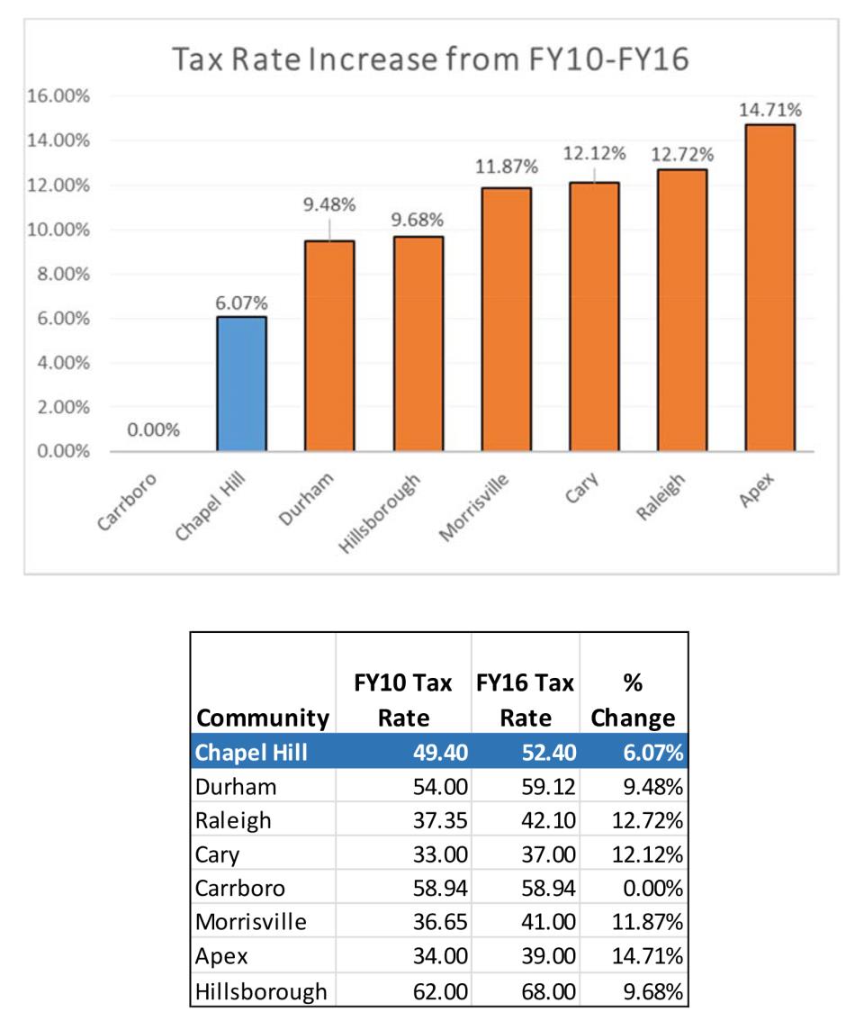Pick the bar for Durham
click(329, 346)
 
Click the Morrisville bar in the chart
click(506, 320)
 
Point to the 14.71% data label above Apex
click(770, 110)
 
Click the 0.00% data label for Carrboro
click(153, 430)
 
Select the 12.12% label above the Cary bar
click(594, 154)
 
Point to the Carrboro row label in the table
click(239, 888)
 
